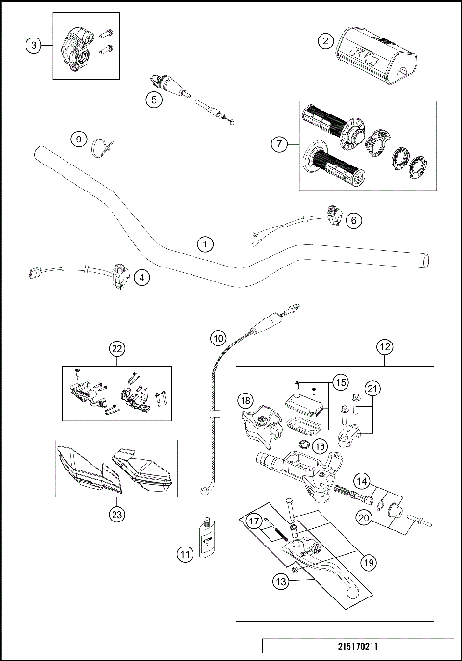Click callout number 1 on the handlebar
click(x=204, y=244)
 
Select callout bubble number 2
click(x=326, y=41)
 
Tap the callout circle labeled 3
click(x=35, y=47)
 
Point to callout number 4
click(x=141, y=278)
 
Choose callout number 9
click(x=79, y=140)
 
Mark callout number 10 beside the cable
click(x=218, y=339)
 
